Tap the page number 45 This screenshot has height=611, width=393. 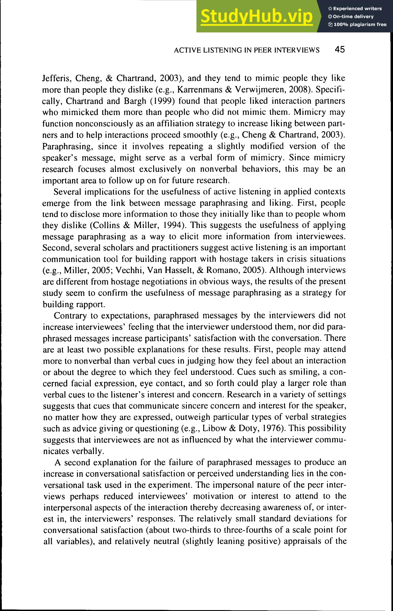point(340,49)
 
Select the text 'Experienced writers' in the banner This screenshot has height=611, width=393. point(357,9)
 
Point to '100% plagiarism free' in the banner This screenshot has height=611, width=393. point(360,25)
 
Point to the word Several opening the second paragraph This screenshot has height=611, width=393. point(67,192)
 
